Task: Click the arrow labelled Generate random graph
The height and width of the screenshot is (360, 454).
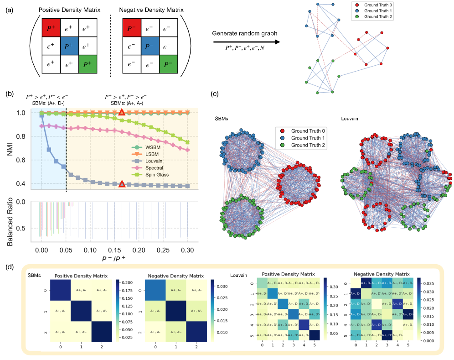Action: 245,42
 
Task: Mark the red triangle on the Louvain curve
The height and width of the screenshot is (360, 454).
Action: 122,184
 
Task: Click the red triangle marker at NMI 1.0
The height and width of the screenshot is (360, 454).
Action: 122,113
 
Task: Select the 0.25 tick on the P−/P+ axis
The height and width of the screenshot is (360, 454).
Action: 163,250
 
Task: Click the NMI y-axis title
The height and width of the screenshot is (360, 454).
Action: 10,149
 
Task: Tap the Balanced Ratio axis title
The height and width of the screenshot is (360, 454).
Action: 10,222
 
